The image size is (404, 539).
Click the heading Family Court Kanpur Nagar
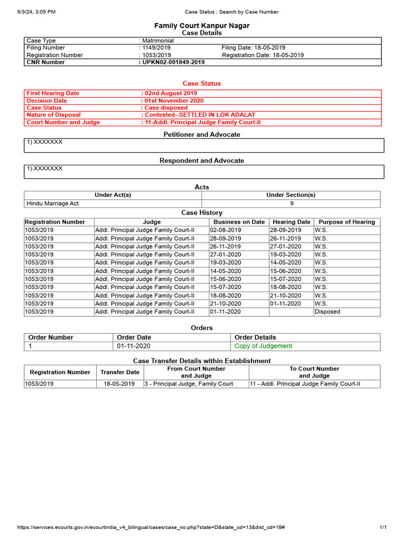(201, 26)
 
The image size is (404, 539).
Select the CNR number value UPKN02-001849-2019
(173, 62)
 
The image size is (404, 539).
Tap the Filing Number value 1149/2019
(156, 48)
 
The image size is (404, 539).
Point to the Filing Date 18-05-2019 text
(254, 48)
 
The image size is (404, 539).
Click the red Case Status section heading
(201, 83)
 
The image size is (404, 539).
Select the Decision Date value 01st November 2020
(173, 101)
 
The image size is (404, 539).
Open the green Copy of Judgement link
(263, 346)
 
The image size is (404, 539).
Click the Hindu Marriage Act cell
(53, 203)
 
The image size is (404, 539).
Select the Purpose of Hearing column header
(347, 222)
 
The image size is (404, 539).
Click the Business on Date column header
(239, 222)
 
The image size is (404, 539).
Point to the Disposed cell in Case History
(327, 312)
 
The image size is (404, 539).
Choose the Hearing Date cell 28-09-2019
(285, 230)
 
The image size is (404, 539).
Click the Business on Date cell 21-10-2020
(226, 304)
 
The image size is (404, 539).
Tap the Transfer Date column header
(120, 372)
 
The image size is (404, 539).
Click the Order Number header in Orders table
(51, 337)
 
